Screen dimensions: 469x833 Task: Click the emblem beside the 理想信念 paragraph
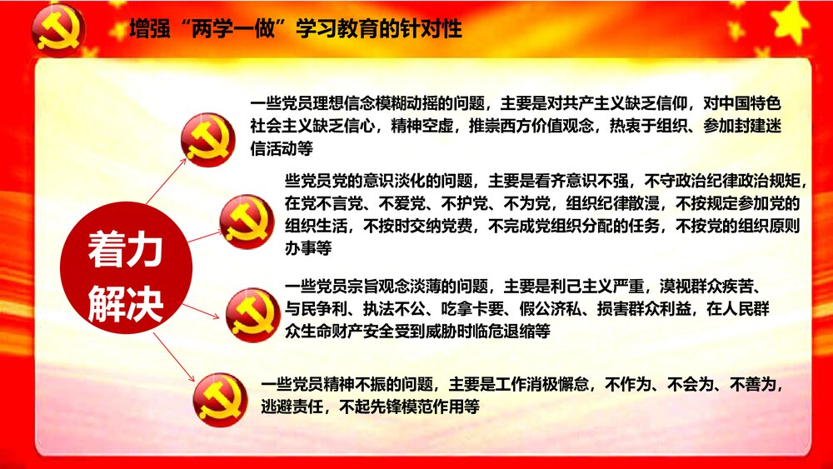(208, 139)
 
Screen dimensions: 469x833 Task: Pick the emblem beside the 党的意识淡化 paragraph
(247, 221)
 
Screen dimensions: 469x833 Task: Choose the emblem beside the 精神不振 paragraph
(220, 400)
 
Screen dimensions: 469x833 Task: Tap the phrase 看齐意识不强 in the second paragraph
(581, 180)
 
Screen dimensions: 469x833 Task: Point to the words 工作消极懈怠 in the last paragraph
(543, 385)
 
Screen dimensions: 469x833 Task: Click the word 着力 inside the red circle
(126, 251)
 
